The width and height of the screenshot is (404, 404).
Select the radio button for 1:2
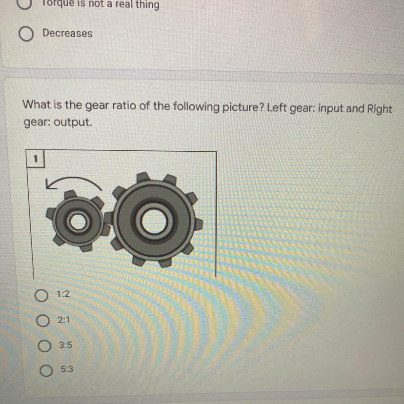41,295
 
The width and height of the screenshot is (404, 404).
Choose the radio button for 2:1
43,320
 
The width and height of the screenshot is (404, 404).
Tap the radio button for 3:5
44,346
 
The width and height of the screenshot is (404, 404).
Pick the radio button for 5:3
46,370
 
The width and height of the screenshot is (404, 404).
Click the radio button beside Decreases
26,34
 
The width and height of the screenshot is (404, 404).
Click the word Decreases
67,33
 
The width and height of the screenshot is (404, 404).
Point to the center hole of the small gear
78,222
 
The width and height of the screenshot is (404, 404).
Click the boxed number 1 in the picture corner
36,159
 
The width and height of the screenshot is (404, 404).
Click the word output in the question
73,122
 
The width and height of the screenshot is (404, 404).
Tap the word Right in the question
379,109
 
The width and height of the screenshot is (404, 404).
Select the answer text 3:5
66,345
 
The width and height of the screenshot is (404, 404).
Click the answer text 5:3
67,369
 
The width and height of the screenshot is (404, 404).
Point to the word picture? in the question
243,107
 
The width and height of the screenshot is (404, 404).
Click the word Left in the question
277,107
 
